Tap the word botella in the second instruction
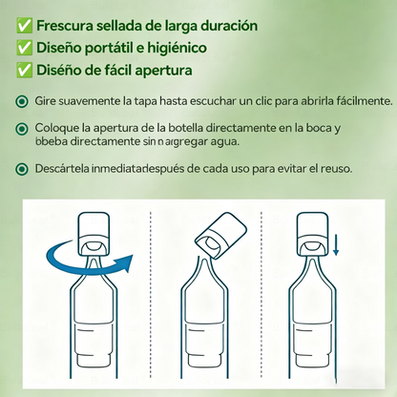click(177, 127)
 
